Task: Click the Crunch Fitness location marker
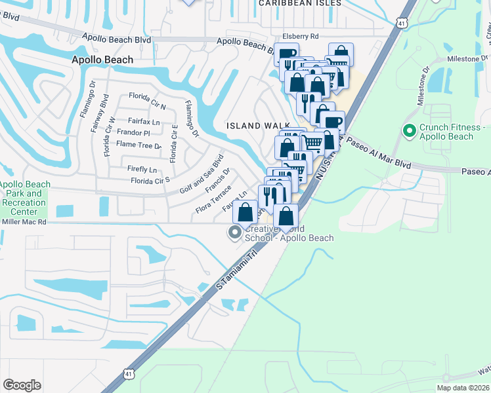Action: coord(410,131)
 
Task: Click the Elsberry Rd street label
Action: coord(300,37)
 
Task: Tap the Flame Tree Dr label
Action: coord(139,145)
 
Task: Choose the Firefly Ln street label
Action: coord(142,169)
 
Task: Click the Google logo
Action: coord(22,385)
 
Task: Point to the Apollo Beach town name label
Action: coord(102,60)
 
